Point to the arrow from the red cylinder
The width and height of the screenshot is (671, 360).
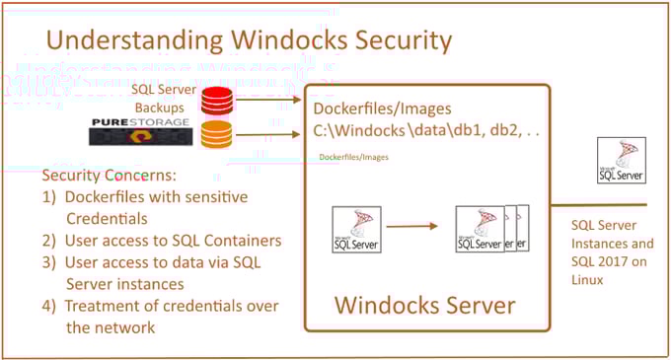click(x=271, y=98)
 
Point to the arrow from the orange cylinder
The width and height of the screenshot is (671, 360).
click(x=271, y=133)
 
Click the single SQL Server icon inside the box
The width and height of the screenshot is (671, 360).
click(x=357, y=229)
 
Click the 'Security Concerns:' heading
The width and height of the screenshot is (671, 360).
click(x=110, y=176)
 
